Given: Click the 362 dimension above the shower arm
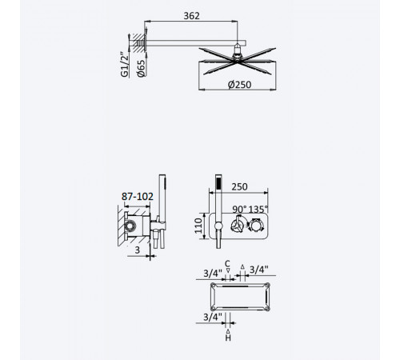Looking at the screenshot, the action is tap(191, 16).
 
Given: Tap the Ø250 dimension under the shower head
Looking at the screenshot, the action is tap(239, 85).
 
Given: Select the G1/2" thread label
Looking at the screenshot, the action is tap(125, 64).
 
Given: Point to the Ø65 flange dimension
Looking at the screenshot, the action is tap(142, 68).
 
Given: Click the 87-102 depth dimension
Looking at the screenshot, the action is tap(138, 197).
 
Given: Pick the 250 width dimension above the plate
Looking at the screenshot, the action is tap(239, 187).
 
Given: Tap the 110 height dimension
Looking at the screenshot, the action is tap(198, 226).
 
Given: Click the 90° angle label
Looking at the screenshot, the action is tap(239, 210).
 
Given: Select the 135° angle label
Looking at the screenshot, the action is tap(258, 210).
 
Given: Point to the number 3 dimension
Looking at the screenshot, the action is tap(137, 250).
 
